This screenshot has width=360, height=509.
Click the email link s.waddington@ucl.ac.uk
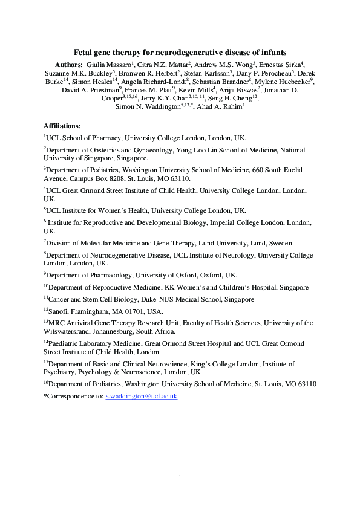[141, 396]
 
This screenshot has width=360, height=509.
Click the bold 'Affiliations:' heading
[62, 126]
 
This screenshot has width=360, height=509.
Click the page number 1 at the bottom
[180, 478]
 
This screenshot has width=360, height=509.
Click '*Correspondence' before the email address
[68, 396]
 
